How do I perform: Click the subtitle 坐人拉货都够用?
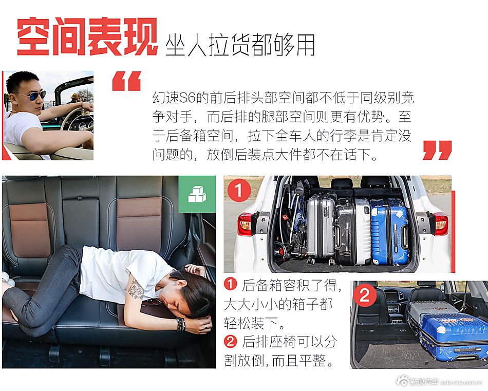[x=240, y=45]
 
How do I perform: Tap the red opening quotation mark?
[x=126, y=81]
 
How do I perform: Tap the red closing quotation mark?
[x=437, y=150]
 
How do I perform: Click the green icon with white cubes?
[x=197, y=194]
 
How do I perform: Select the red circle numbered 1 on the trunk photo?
[x=238, y=191]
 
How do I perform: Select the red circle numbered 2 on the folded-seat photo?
[x=365, y=295]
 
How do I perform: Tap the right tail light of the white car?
[x=440, y=223]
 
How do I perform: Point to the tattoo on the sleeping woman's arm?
[x=136, y=289]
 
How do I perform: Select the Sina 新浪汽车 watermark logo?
[x=419, y=382]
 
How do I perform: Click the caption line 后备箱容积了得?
[x=286, y=286]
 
